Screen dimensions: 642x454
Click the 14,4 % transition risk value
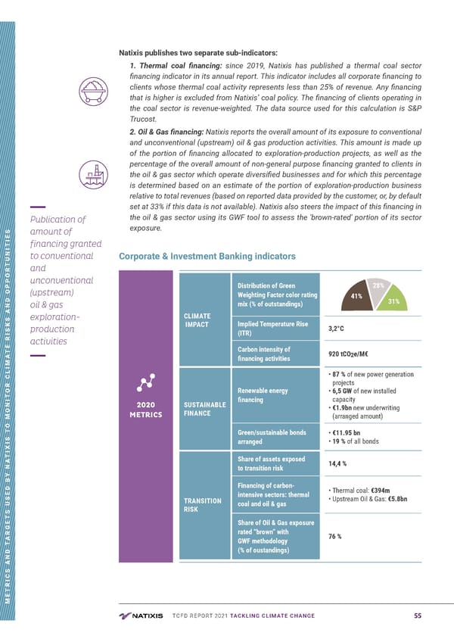tap(338, 463)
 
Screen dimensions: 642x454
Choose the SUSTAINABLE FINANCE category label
tap(200, 409)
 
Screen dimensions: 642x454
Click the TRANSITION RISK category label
tap(201, 505)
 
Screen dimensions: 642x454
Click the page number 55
tap(418, 616)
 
